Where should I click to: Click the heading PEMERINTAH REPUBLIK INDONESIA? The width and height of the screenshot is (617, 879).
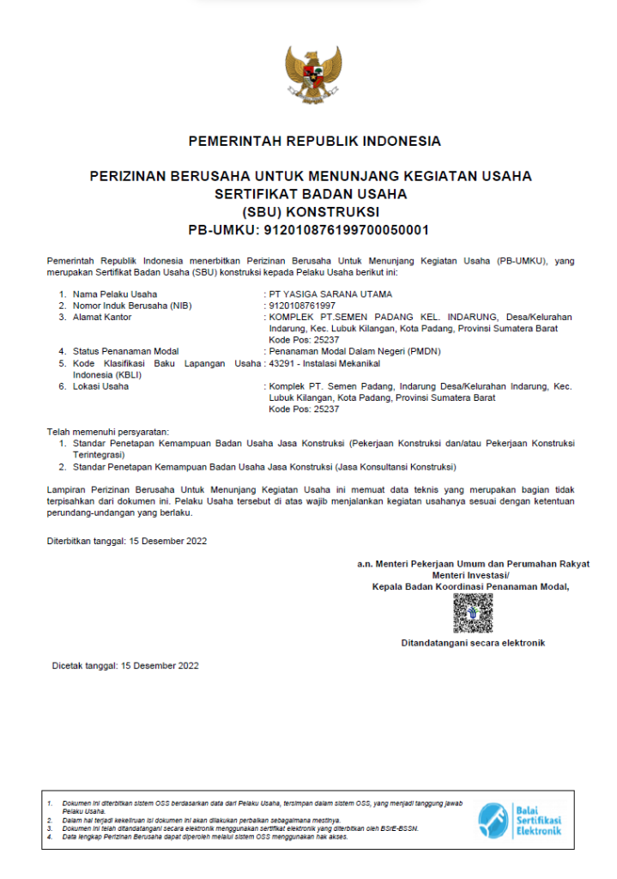314,141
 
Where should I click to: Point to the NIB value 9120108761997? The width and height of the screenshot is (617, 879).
302,306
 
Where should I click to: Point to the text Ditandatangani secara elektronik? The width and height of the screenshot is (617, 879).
473,643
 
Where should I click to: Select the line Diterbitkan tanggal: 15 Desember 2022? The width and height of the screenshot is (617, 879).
126,541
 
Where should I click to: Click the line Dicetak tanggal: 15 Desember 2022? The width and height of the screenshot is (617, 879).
125,665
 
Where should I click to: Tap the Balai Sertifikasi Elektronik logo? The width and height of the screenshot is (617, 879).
520,821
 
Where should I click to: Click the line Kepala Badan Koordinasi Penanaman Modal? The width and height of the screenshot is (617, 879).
471,587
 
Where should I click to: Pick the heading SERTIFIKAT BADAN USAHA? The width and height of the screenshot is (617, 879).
311,194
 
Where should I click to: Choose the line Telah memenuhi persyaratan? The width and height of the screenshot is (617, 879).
107,431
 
